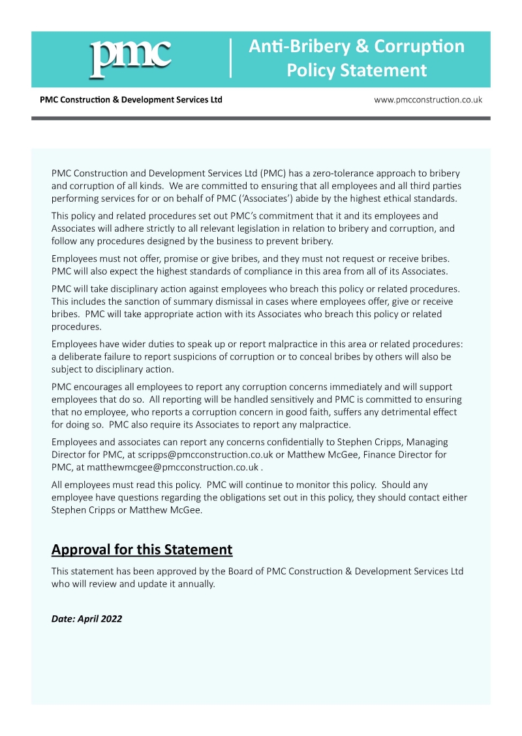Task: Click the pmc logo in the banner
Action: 130,58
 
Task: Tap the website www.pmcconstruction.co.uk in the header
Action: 428,100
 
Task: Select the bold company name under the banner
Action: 130,100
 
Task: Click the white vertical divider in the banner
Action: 230,58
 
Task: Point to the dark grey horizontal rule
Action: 260,118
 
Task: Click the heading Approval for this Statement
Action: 142,549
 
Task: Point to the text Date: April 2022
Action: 87,619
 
